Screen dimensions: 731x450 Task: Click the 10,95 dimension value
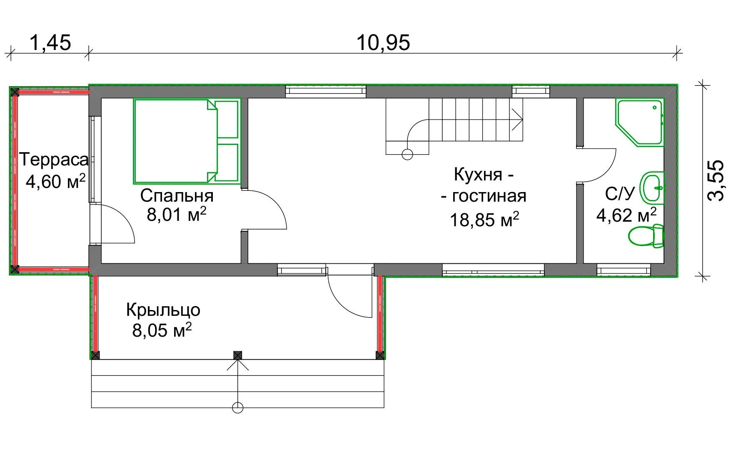(x=383, y=42)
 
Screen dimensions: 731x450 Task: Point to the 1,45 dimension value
(x=50, y=42)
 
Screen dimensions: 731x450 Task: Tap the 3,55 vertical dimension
(x=716, y=180)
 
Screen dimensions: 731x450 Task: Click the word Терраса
(x=54, y=160)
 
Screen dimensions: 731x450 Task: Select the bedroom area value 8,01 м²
(x=177, y=214)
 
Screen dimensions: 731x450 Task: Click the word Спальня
(x=177, y=195)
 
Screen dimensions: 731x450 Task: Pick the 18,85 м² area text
(x=484, y=220)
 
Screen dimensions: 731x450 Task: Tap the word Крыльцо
(x=163, y=310)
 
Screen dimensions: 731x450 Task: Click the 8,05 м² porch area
(x=162, y=330)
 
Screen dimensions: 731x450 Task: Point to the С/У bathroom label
(x=620, y=194)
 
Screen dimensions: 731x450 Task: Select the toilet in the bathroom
(x=646, y=236)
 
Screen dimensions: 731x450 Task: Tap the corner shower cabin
(x=639, y=122)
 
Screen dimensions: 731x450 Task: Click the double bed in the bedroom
(x=187, y=141)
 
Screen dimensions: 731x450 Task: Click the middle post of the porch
(x=237, y=355)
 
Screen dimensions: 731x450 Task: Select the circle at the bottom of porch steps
(x=237, y=407)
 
